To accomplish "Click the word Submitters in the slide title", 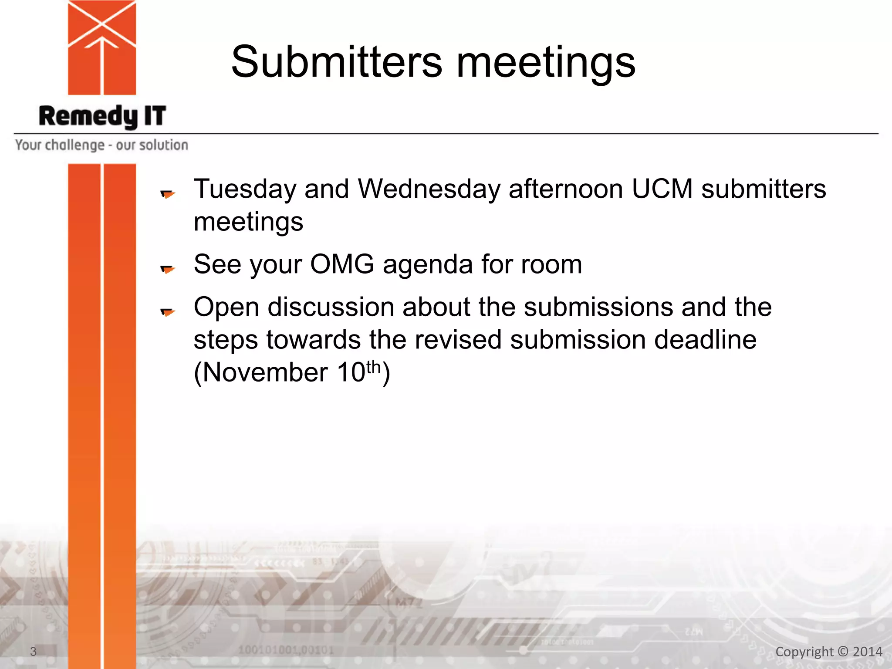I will (337, 62).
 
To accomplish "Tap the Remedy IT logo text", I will (102, 116).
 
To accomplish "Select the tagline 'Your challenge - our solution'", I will (102, 145).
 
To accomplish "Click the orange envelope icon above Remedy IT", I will (102, 47).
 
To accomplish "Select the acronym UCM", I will (662, 189).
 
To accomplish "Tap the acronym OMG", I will (342, 264).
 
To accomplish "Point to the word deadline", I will (705, 340).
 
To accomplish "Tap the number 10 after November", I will (351, 373).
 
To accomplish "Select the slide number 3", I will (33, 652).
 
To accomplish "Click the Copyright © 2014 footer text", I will (829, 652).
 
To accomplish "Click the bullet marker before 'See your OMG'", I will (167, 269).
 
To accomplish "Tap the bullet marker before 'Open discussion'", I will (167, 312).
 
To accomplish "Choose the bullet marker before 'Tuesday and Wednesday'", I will (167, 194).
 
